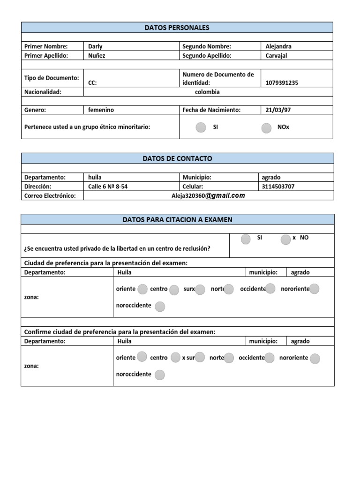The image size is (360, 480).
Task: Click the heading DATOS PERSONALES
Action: click(177, 28)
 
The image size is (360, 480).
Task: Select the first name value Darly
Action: click(95, 46)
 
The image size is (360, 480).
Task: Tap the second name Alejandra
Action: click(278, 46)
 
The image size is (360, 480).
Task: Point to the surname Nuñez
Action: click(97, 55)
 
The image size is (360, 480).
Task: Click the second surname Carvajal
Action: click(276, 55)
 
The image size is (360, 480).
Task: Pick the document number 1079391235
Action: click(281, 83)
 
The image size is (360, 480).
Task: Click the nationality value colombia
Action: click(207, 92)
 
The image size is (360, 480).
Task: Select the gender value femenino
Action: click(101, 110)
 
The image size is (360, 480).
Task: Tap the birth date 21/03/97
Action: click(277, 110)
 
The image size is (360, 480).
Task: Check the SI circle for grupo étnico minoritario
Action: click(201, 127)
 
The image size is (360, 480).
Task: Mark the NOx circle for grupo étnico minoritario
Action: click(266, 128)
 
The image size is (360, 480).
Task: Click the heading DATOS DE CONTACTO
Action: click(177, 158)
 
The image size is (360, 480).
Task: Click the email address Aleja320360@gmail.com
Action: click(208, 195)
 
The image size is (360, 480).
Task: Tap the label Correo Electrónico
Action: click(50, 195)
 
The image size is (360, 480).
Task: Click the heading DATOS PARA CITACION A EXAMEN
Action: click(177, 219)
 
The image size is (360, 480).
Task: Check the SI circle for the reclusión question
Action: click(246, 240)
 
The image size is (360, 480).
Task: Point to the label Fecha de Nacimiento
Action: click(211, 110)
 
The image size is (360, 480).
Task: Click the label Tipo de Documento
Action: click(52, 78)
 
